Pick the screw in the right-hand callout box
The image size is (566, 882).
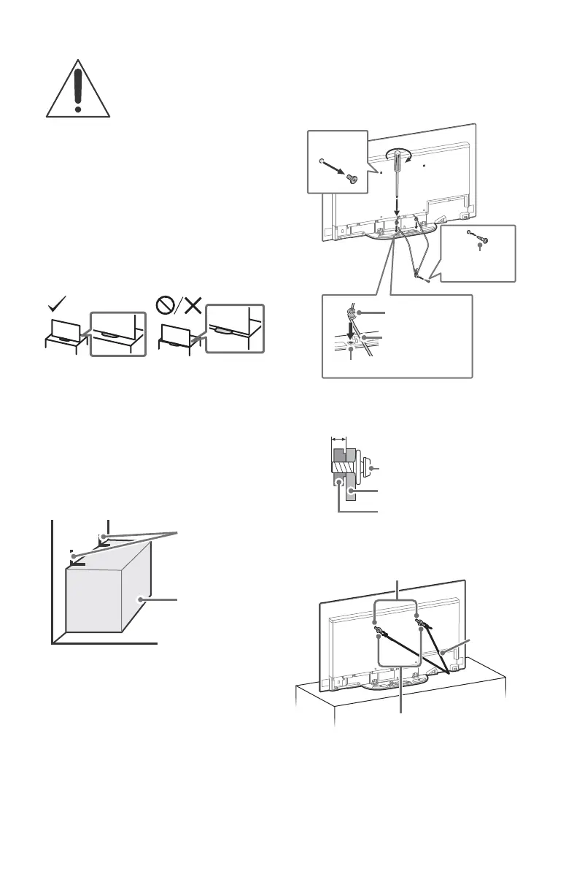483,241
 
